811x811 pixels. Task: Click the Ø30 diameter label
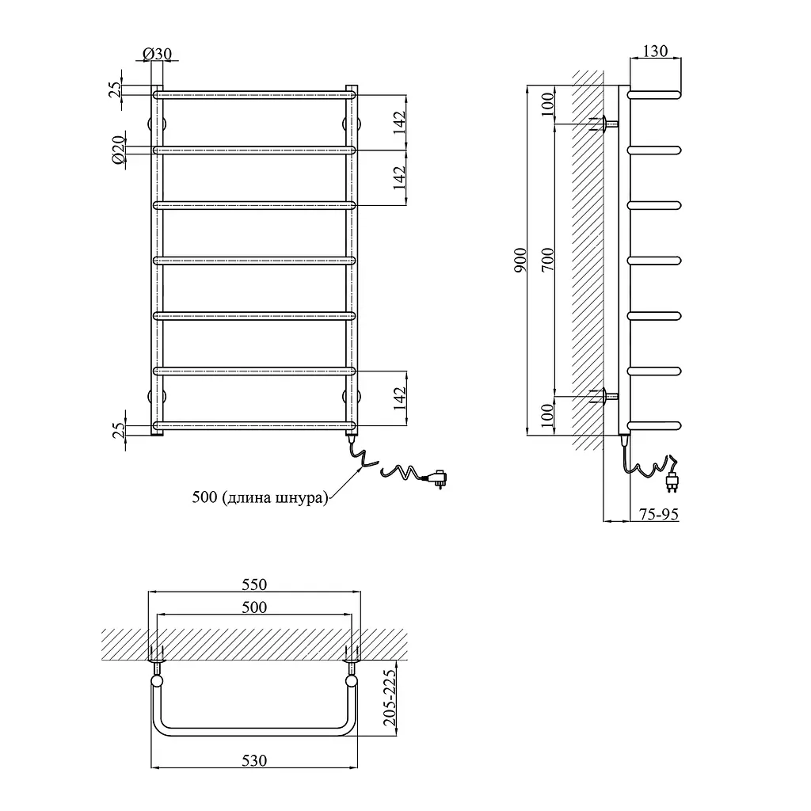tap(157, 54)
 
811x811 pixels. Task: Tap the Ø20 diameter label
tap(119, 150)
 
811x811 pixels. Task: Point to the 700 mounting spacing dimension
tap(547, 260)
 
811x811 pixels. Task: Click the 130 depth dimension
tap(655, 51)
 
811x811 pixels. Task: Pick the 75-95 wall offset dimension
tap(658, 514)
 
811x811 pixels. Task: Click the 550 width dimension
tap(254, 584)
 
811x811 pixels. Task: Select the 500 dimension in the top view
tap(254, 607)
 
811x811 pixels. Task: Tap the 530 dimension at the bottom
tap(254, 760)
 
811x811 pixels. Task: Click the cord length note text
tap(260, 497)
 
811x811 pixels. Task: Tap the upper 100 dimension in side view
tap(547, 105)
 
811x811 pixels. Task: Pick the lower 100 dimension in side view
tap(547, 416)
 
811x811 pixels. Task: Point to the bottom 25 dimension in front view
tap(119, 430)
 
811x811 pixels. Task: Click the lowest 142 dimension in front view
tap(399, 398)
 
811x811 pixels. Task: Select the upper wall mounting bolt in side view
tap(604, 124)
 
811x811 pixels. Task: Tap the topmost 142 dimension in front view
tap(399, 123)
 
